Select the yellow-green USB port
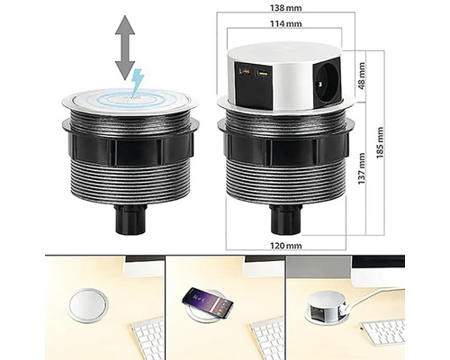click(x=261, y=73)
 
